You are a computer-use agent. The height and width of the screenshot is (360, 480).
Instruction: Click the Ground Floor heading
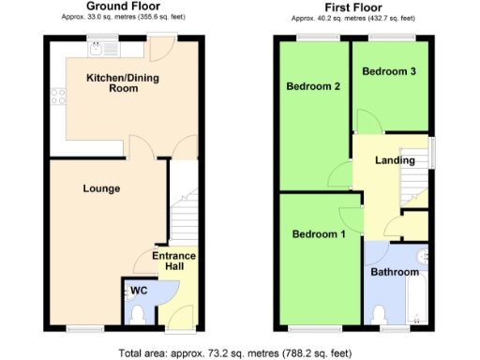pyautogui.click(x=121, y=7)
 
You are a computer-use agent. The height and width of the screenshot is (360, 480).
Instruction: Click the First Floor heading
pyautogui.click(x=352, y=7)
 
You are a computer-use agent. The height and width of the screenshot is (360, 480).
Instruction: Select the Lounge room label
pyautogui.click(x=101, y=188)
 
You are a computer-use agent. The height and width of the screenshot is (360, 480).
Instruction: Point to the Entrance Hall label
pyautogui.click(x=174, y=262)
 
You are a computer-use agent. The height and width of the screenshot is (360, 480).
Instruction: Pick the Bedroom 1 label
pyautogui.click(x=319, y=233)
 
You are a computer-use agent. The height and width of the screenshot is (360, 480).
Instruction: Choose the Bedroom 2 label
pyautogui.click(x=313, y=87)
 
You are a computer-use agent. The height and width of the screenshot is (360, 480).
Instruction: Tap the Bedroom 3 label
pyautogui.click(x=389, y=71)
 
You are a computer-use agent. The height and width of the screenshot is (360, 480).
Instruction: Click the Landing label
pyautogui.click(x=395, y=160)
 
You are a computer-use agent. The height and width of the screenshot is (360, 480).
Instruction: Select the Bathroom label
pyautogui.click(x=394, y=272)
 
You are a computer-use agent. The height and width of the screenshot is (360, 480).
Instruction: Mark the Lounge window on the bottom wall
pyautogui.click(x=80, y=327)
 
